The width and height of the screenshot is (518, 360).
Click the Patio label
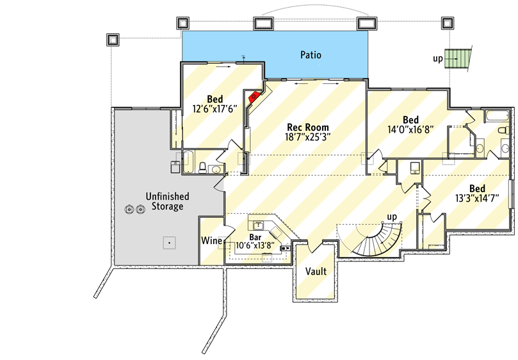tap(311, 55)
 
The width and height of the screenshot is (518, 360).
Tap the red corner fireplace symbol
tap(254, 97)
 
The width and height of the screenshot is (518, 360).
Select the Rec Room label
tap(307, 127)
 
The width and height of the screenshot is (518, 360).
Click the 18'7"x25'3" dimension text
tap(307, 136)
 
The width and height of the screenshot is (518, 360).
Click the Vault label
tap(316, 272)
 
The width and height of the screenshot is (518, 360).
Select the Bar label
tap(255, 237)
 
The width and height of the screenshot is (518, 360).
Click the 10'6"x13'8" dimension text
tap(255, 245)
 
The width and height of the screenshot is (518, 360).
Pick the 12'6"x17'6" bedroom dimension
tap(214, 108)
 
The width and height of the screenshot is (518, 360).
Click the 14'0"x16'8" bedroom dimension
tap(410, 129)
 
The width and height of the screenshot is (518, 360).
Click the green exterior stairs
tap(458, 59)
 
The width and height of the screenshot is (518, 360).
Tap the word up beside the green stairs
tap(438, 59)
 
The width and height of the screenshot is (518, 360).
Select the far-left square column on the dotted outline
tap(113, 39)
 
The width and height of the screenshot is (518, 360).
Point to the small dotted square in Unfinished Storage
tap(168, 243)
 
